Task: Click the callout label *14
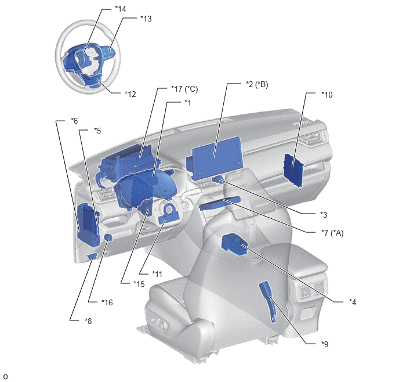coord(121,9)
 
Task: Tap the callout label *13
coord(146,19)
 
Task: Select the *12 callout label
coord(130,94)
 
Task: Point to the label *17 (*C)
coord(184,89)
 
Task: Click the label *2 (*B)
coord(257,84)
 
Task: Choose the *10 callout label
coord(327,95)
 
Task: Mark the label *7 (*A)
coord(332,233)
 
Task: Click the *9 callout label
coord(325,344)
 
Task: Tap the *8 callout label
coord(88,321)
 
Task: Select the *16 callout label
coord(107,302)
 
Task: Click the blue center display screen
coord(216,158)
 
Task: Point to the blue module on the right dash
coord(293,170)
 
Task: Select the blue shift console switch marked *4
coord(235,243)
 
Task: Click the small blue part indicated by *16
coord(108,237)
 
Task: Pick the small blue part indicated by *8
coord(92,256)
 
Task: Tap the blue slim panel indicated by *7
coord(219,203)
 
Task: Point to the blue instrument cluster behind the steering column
coord(144,189)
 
